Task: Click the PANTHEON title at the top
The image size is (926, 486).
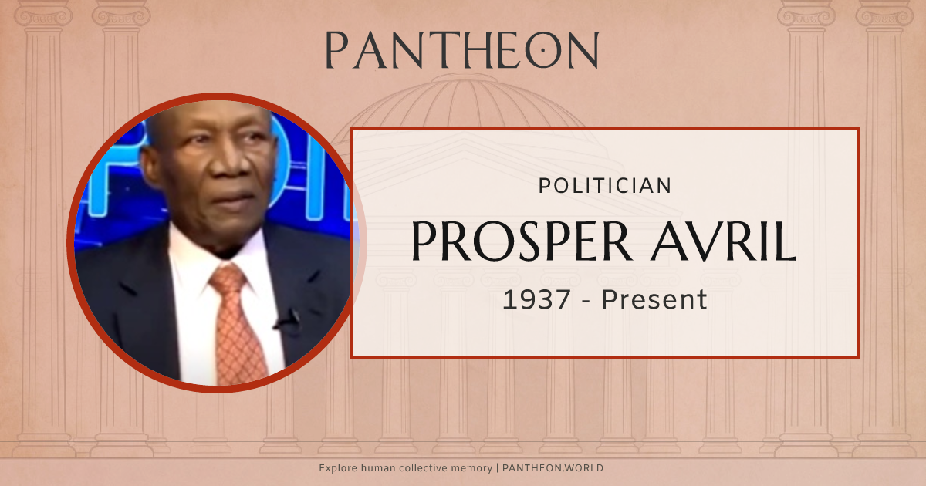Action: pos(461,51)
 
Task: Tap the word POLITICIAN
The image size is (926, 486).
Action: pos(604,185)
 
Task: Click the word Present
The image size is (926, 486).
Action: pos(654,299)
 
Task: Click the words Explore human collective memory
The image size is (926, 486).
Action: pos(406,468)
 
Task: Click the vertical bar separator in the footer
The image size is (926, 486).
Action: pos(498,468)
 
